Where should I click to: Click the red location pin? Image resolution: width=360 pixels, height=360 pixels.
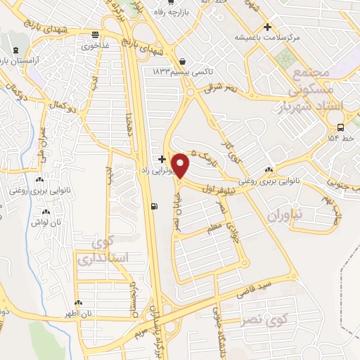pyautogui.click(x=181, y=166)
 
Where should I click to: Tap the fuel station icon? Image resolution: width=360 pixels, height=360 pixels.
pyautogui.click(x=153, y=206)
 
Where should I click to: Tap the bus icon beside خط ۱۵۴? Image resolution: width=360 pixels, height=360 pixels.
pyautogui.click(x=341, y=128)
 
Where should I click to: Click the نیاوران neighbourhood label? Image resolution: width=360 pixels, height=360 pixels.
pyautogui.click(x=285, y=209)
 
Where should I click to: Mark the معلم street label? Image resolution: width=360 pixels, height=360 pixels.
pyautogui.click(x=210, y=229)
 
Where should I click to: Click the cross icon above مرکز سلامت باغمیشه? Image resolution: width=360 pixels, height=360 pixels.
pyautogui.click(x=267, y=27)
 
